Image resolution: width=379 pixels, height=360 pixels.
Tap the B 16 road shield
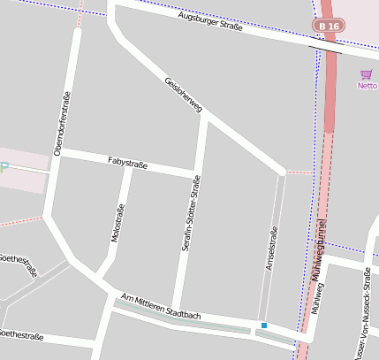[x=329, y=27]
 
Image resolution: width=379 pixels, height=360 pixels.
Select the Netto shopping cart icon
[x=366, y=74]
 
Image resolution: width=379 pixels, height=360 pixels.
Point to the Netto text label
[x=367, y=86]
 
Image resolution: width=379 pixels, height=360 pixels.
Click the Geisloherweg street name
[x=183, y=95]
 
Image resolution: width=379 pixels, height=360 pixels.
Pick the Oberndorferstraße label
[x=64, y=124]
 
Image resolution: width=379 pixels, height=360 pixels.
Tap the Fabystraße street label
[x=127, y=163]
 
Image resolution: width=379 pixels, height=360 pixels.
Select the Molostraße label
[x=117, y=222]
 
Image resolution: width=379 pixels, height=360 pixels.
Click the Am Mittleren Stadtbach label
[x=162, y=308]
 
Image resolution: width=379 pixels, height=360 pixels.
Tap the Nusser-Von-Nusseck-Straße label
[x=362, y=314]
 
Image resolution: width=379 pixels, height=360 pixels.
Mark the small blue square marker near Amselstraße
[x=263, y=326]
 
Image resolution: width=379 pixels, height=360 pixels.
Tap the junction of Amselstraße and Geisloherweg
[x=283, y=172]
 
